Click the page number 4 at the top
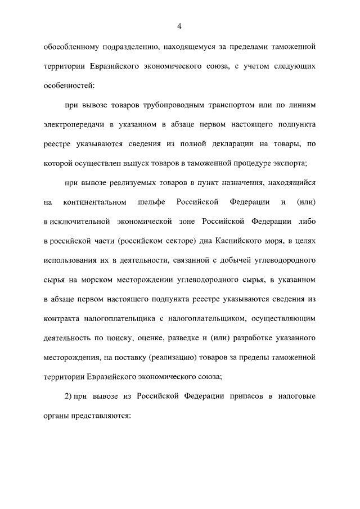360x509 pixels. pos(179,25)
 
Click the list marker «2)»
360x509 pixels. pos(70,398)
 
